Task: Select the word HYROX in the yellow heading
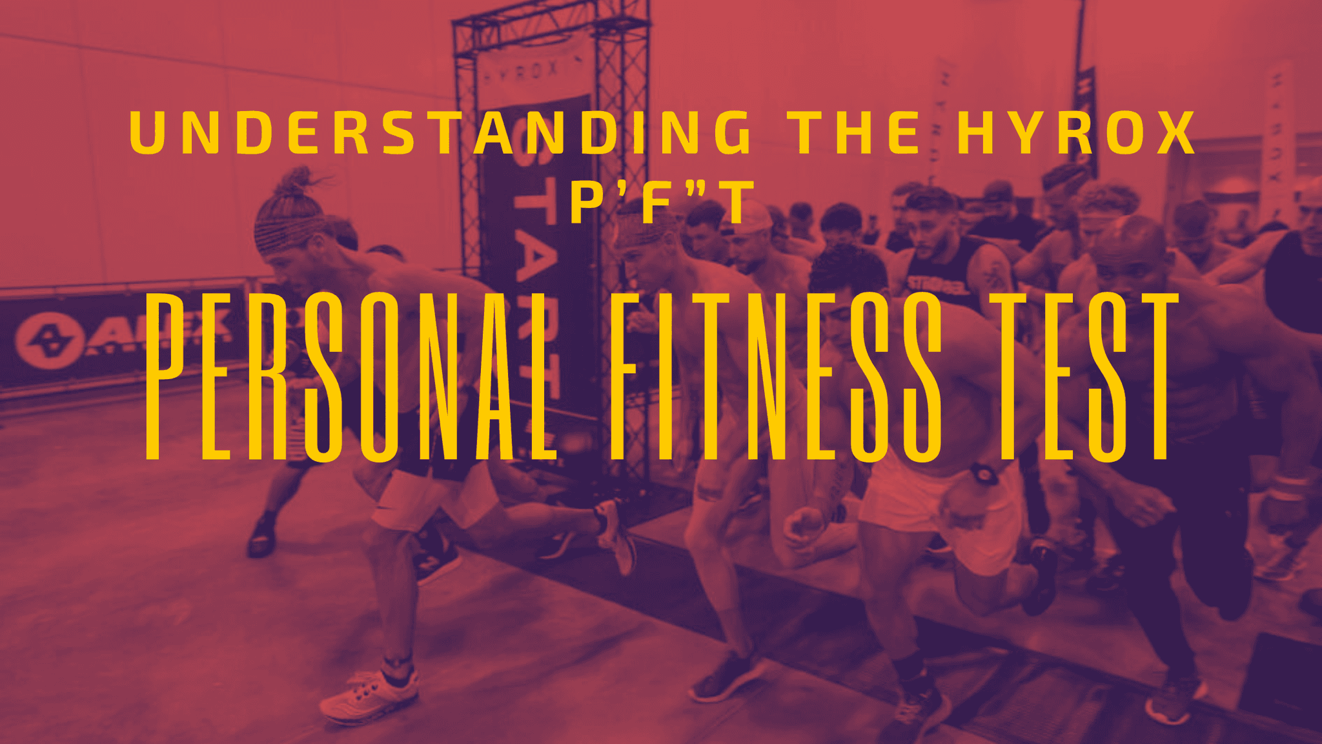click(1075, 133)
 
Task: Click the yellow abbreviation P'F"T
click(663, 202)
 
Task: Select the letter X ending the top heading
click(1175, 133)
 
